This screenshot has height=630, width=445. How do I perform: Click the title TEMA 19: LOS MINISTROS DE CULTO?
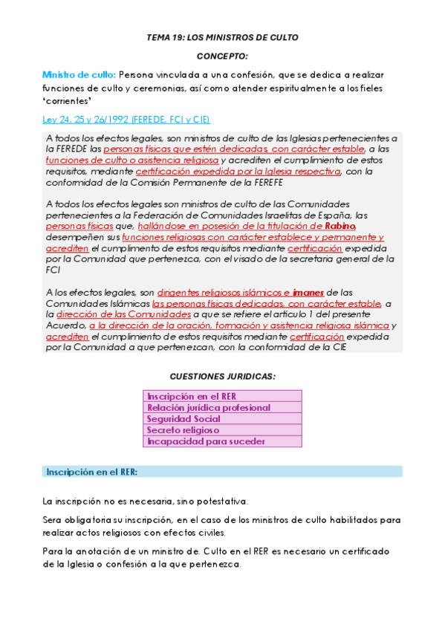[222, 37]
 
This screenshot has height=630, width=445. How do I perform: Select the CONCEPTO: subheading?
[222, 56]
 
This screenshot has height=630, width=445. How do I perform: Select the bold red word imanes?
[308, 292]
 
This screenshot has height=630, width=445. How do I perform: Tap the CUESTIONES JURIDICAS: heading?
[222, 377]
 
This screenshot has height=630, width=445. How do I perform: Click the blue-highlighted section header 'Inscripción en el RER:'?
[91, 472]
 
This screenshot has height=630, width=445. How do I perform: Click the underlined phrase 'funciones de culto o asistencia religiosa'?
[132, 160]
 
